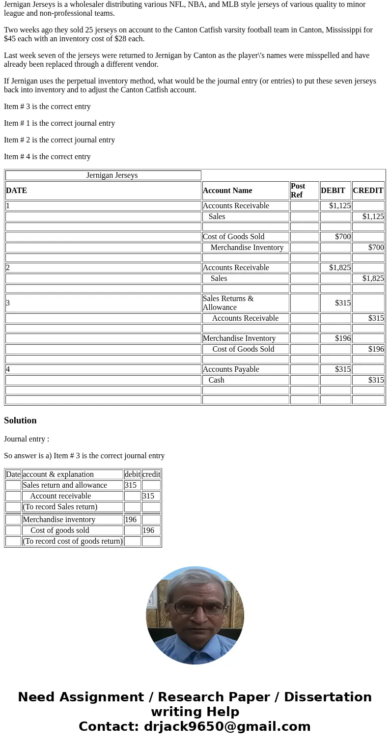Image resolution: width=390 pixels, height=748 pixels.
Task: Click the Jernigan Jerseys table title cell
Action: [112, 175]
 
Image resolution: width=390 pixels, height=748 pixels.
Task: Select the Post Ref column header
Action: [304, 191]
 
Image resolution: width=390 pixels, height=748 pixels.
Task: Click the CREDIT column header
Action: [368, 191]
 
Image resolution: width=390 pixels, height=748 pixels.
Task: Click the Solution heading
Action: [20, 420]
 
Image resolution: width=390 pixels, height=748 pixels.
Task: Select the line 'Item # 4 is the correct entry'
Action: [47, 157]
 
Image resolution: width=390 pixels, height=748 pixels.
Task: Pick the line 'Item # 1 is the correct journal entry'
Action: [59, 123]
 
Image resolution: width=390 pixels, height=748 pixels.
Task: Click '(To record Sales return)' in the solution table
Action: [60, 507]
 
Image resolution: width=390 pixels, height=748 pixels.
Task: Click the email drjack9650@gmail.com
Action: [227, 727]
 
